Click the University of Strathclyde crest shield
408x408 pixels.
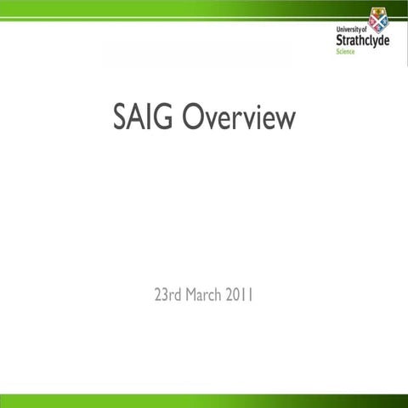378,19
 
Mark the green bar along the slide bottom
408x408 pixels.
204,400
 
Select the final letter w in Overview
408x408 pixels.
285,121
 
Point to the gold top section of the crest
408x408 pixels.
378,11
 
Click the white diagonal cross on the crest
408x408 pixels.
378,21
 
